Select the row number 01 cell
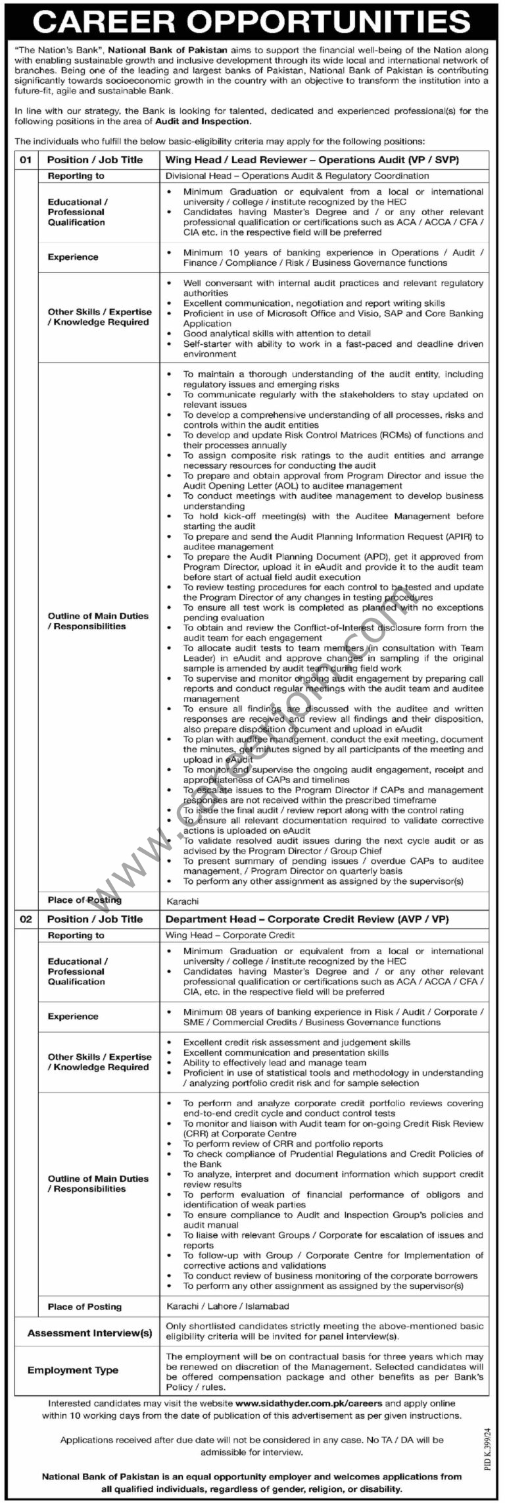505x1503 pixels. click(26, 159)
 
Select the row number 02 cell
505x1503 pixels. click(26, 919)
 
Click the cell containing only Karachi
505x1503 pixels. click(182, 901)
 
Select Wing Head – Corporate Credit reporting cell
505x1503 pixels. click(230, 934)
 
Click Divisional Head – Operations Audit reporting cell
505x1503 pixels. click(297, 176)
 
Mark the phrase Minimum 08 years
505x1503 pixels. click(220, 1011)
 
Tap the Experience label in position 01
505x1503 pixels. click(73, 257)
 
